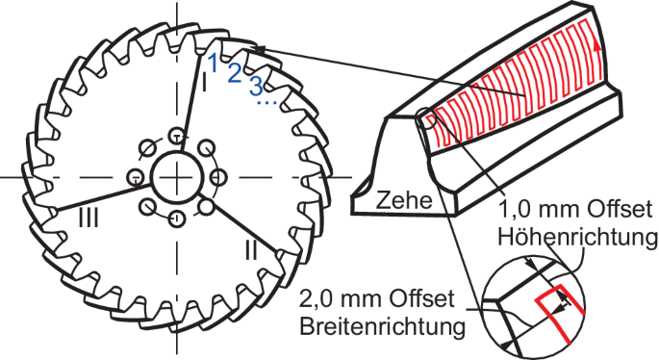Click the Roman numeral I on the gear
[204, 85]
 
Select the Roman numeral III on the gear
[88, 219]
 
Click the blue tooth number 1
[213, 63]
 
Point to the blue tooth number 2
[234, 74]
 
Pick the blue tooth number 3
[255, 85]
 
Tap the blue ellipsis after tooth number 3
[269, 100]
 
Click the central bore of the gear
[176, 176]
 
